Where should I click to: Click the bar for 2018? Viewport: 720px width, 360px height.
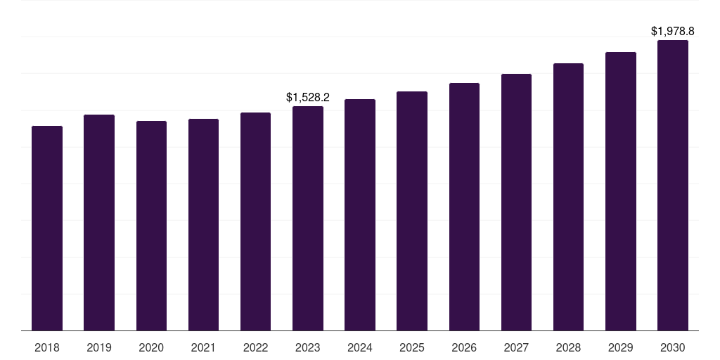coord(47,228)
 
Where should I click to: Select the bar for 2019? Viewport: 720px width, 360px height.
coord(99,222)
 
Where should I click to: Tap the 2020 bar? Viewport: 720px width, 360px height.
coord(151,226)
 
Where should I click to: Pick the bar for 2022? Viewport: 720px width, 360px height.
coord(255,221)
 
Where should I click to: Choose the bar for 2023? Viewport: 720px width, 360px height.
coord(308,218)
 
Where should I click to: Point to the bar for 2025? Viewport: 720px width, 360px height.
coord(412,211)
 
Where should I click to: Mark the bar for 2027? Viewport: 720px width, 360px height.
coord(516,202)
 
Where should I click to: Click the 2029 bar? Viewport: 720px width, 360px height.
coord(621,191)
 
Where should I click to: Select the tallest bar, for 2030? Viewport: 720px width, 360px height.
coord(673,185)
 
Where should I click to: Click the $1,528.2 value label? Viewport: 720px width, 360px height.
coord(308,97)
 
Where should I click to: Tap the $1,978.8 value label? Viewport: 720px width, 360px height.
coord(673,31)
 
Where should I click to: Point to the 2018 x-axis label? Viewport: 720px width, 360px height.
coord(47,347)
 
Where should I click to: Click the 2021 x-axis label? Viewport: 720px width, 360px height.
coord(203,347)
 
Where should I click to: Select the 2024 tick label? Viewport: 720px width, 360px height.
coord(360,347)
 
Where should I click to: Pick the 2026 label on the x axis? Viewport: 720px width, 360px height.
coord(464,347)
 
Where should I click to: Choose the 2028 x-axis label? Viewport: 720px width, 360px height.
coord(568,347)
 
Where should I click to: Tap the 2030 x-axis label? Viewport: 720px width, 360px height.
coord(673,347)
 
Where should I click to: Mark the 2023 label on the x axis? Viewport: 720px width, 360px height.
coord(308,347)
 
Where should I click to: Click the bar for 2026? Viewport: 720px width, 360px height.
coord(464,207)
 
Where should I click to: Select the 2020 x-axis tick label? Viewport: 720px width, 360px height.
coord(151,347)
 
